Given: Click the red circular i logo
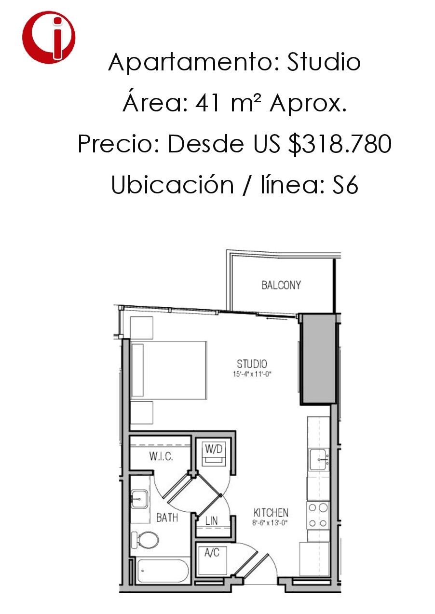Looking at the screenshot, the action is [x=49, y=38].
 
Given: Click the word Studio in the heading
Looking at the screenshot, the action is [x=324, y=62].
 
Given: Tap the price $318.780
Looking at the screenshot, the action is [x=340, y=144].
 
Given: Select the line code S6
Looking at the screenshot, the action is [x=345, y=185].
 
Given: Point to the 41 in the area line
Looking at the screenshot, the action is [x=207, y=103].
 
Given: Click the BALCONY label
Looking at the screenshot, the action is [x=281, y=285].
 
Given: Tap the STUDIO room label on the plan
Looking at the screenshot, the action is [x=252, y=364].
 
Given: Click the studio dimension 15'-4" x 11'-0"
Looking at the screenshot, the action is [x=252, y=374].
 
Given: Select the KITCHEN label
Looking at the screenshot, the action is [x=271, y=513].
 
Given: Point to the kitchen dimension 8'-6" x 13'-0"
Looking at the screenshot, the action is [x=270, y=523].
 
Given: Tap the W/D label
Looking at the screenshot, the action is [x=214, y=449].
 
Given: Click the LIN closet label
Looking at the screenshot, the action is [x=211, y=521].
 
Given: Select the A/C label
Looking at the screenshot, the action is [x=212, y=553].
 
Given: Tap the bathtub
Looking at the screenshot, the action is [x=163, y=571].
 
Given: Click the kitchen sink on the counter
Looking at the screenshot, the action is [x=319, y=460].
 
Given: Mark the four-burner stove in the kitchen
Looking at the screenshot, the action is [x=318, y=515].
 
